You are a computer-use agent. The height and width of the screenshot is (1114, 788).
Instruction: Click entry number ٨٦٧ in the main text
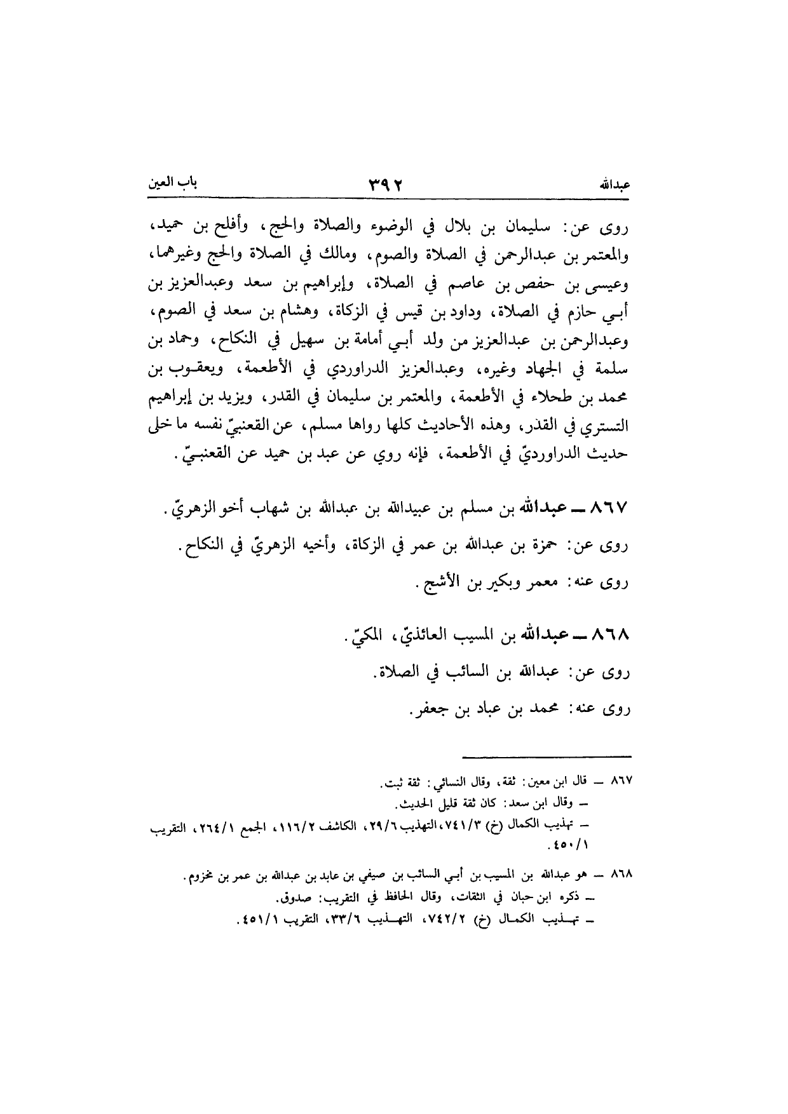[609, 509]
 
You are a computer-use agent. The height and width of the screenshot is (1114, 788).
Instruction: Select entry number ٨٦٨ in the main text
[609, 635]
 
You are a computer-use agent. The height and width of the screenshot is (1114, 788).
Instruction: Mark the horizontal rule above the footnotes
[547, 756]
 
